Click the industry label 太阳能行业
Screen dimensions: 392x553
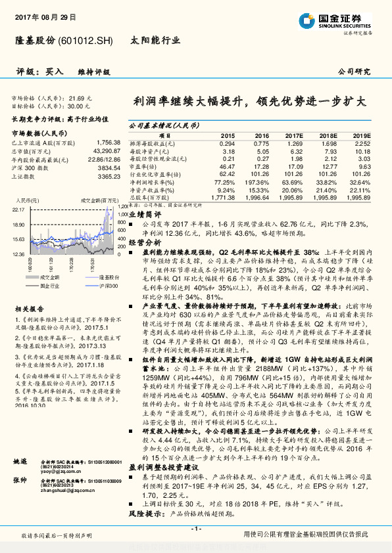coord(157,40)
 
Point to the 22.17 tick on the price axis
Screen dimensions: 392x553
coord(18,209)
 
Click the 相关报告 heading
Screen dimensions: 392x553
coord(29,308)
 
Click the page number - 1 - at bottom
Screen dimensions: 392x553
coord(195,529)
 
